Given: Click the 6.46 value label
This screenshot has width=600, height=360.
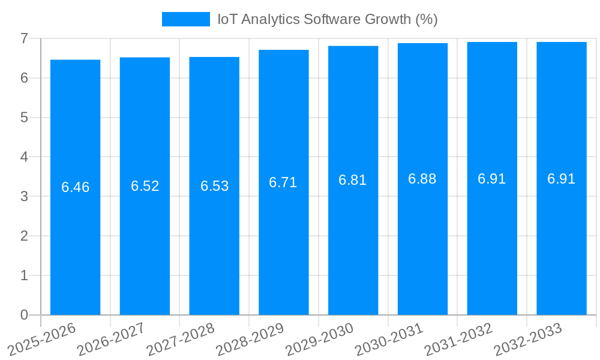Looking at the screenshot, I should (75, 187).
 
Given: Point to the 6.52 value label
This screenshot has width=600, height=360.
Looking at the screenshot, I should (145, 186).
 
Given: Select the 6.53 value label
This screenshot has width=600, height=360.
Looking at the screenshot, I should (214, 186).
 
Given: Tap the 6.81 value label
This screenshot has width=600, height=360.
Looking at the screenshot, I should (353, 180).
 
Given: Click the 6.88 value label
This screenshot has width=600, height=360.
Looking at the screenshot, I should (422, 179).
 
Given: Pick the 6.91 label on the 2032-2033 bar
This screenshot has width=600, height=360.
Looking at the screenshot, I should (562, 179).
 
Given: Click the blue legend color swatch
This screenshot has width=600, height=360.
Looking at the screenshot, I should (186, 19).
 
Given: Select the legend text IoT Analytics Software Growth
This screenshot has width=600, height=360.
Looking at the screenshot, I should (327, 19).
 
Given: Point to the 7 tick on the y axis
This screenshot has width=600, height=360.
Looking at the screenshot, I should (24, 38).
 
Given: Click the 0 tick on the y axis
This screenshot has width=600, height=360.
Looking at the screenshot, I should (24, 315).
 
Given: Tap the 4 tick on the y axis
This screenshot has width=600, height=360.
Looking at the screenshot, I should (24, 157).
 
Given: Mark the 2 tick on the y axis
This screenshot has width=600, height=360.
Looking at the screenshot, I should (24, 236).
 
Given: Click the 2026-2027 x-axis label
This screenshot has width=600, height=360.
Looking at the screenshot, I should (111, 338).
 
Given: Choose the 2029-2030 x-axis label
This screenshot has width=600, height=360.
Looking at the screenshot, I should (319, 338).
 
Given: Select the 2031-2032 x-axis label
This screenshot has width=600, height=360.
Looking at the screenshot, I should (458, 338).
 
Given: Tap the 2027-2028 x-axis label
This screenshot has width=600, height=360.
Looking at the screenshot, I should (181, 338).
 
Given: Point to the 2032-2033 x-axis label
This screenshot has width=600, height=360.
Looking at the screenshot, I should (528, 338).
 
